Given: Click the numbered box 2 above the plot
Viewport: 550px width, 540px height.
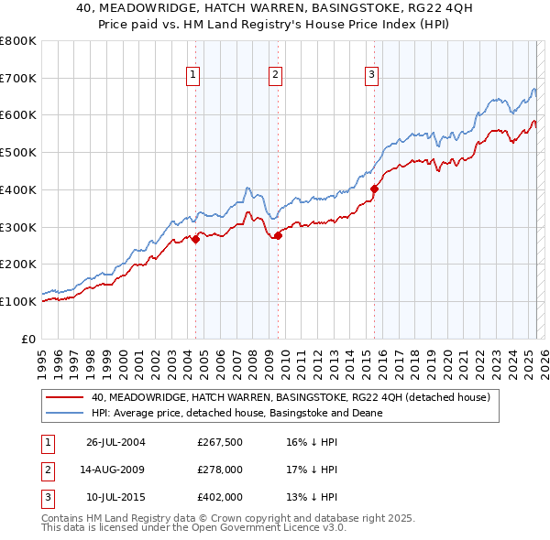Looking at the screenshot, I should click(276, 76).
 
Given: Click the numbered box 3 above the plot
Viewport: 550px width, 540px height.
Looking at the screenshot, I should click(371, 76).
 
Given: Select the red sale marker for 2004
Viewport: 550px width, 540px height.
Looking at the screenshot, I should click(196, 239).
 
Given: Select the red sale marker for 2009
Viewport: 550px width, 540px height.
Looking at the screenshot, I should click(278, 235).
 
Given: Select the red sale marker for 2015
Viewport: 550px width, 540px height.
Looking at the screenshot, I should click(374, 189).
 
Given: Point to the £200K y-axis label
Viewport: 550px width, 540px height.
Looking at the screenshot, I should click(18, 265).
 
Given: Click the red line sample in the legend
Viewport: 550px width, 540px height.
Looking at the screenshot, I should click(65, 397).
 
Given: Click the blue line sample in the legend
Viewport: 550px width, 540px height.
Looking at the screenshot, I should click(65, 413).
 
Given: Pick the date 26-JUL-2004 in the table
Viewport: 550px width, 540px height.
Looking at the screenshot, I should click(116, 443).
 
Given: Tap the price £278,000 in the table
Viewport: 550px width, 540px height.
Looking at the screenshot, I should click(219, 470).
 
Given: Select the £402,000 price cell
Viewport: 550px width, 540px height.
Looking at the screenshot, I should click(219, 498).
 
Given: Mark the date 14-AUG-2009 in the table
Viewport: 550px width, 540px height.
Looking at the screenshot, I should click(116, 470).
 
